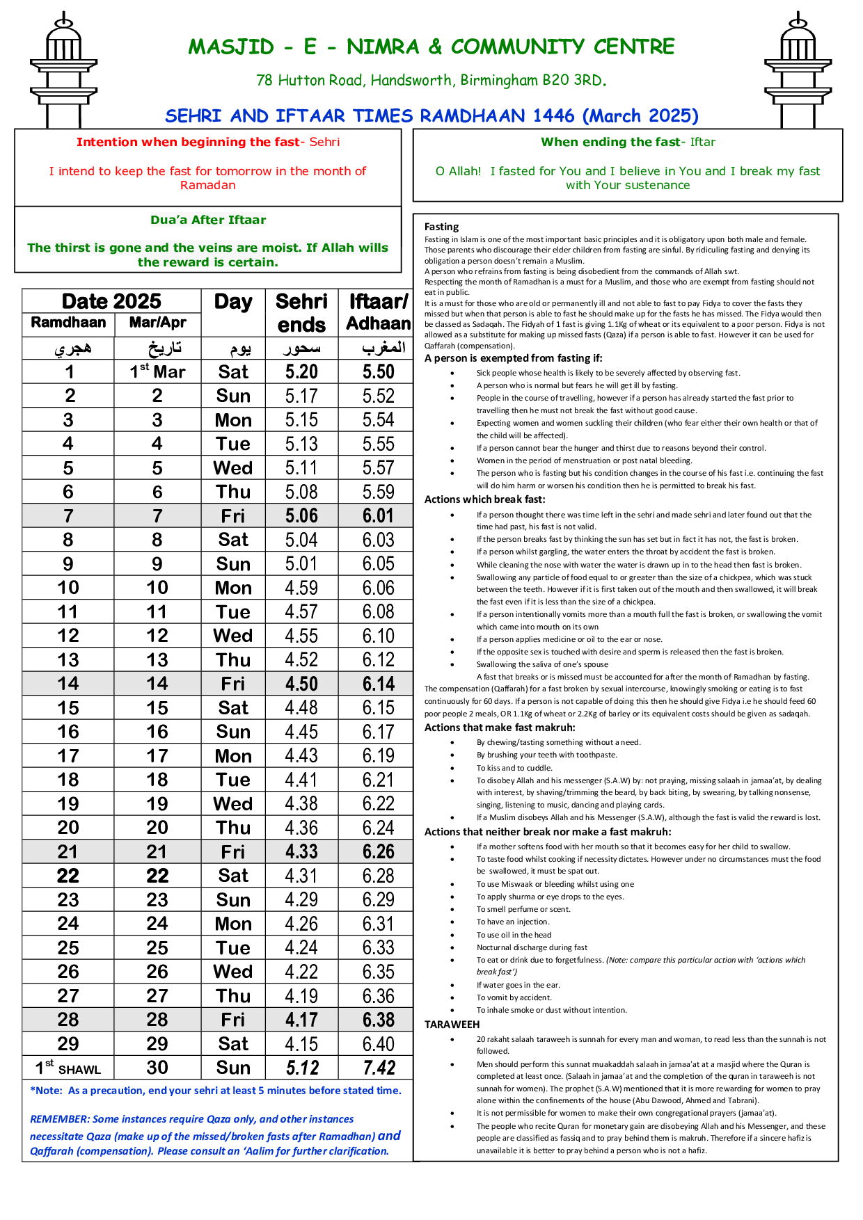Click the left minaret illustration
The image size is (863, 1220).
coord(63,70)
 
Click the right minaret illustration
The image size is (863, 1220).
coord(798,70)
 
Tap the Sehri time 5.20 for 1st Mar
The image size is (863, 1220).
coord(301,371)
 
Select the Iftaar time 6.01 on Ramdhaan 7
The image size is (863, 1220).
coord(378,516)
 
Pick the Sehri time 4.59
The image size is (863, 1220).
coord(301,588)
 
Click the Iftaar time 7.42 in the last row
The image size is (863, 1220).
coord(379,1068)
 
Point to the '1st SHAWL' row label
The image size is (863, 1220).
coord(68,1068)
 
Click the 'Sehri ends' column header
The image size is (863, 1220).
coord(301,313)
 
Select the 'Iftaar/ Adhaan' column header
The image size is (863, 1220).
coord(378,313)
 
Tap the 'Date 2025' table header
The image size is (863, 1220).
coord(111,301)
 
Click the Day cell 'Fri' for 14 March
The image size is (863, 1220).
coord(233,684)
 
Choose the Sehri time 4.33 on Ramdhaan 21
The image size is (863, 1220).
coord(301,852)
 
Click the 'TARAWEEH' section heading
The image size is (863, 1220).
coord(452,1025)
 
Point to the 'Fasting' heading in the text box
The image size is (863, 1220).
coord(442,227)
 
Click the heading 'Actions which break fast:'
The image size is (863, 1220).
coord(485,499)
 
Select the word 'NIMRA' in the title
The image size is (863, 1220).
coord(383,47)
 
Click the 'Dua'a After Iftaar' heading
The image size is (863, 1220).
coord(208,220)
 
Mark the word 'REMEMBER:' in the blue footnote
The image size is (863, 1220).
coord(60,1119)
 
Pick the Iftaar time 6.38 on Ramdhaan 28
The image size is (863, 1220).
coord(378,1020)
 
